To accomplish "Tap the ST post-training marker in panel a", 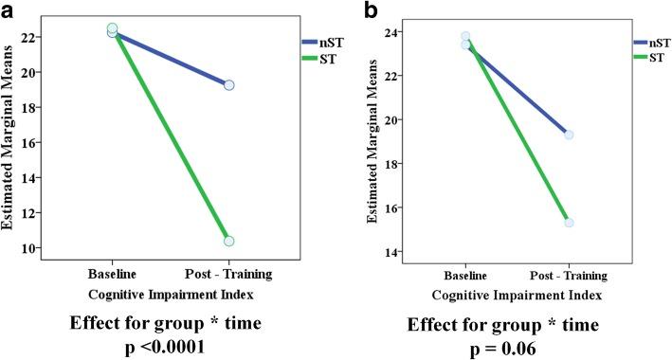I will [228, 241].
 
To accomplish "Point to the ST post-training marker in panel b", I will [569, 223].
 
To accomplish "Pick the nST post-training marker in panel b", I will [569, 135].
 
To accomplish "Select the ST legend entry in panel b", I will [650, 57].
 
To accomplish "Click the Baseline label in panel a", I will [112, 274].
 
